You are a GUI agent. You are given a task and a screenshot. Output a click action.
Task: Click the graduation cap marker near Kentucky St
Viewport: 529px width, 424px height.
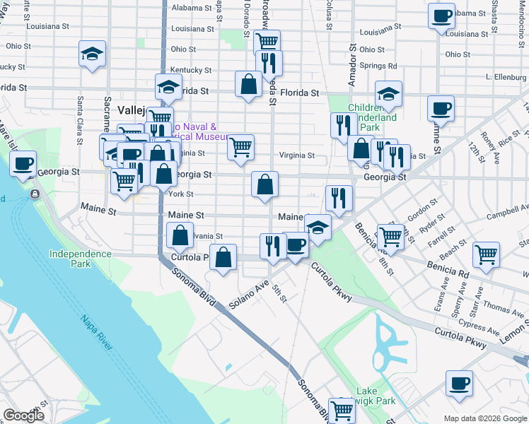point(92,54)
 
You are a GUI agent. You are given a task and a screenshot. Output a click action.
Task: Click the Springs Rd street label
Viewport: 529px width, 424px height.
point(378,66)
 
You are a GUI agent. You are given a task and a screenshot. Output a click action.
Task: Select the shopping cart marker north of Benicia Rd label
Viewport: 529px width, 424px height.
point(390,236)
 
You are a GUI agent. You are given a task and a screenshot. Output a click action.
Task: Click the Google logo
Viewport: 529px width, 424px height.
point(24,416)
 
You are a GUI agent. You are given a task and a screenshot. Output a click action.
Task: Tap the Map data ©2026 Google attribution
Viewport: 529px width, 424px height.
point(485,418)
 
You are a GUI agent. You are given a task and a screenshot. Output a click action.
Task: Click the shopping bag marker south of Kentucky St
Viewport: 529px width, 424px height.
point(249,84)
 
